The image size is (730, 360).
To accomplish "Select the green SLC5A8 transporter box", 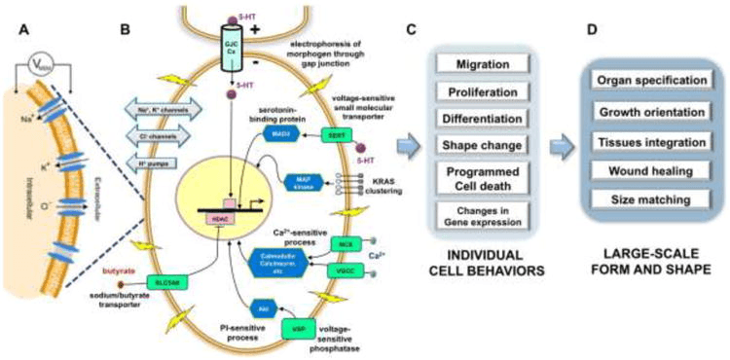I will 169,282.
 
